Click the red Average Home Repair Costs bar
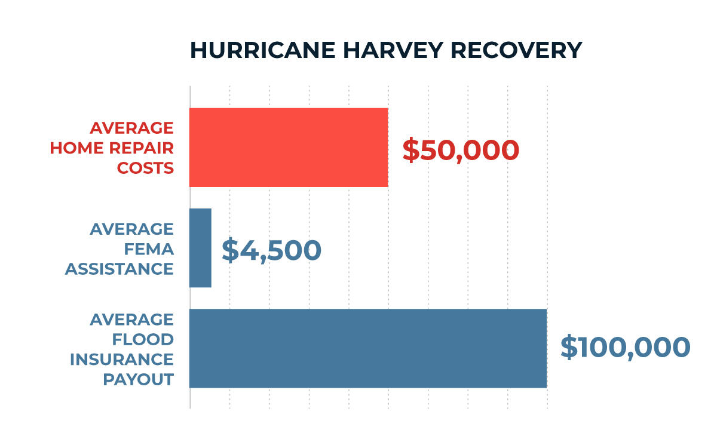289,148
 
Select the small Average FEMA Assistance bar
200,248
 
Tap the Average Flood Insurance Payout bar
368,348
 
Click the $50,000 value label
461,150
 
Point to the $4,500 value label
272,250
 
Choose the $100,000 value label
625,348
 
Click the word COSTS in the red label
145,168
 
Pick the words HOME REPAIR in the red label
112,148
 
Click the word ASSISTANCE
119,269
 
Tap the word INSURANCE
122,360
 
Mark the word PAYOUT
139,379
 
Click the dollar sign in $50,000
411,150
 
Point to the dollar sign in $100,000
569,348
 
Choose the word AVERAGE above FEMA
132,229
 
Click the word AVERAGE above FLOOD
132,320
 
